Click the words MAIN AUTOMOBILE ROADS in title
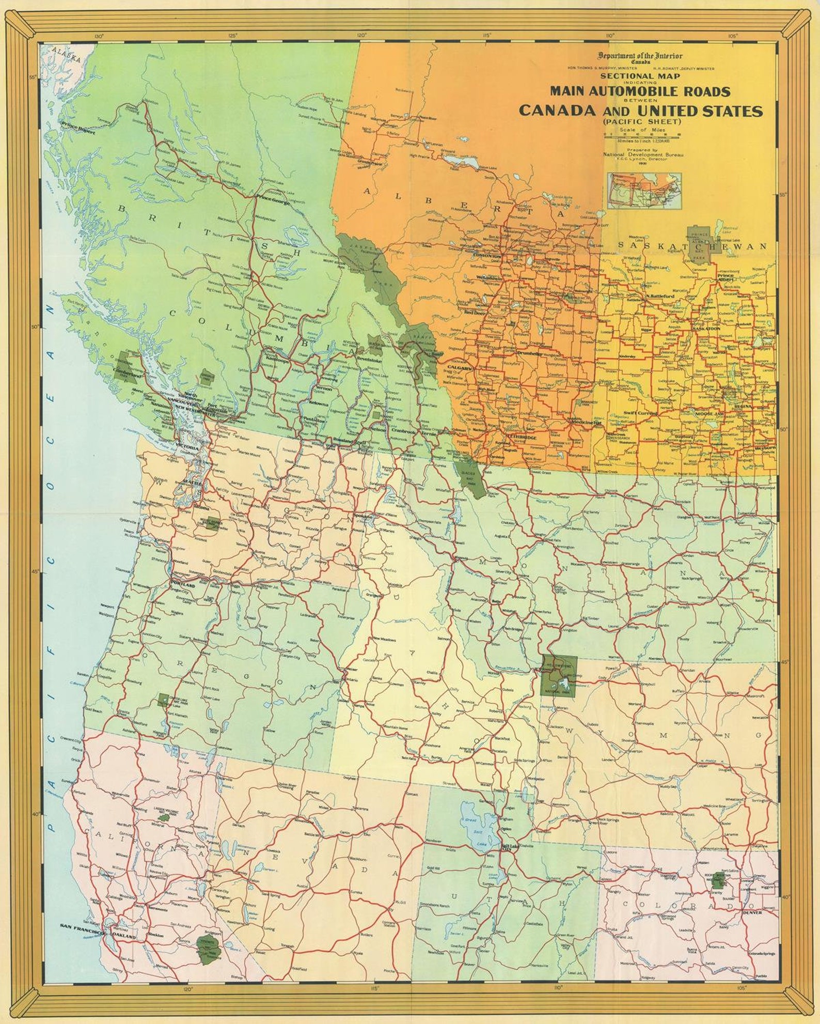(x=640, y=91)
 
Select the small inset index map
(x=644, y=190)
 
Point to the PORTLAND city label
(x=183, y=586)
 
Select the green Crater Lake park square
(x=164, y=700)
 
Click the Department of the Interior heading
(x=640, y=56)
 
